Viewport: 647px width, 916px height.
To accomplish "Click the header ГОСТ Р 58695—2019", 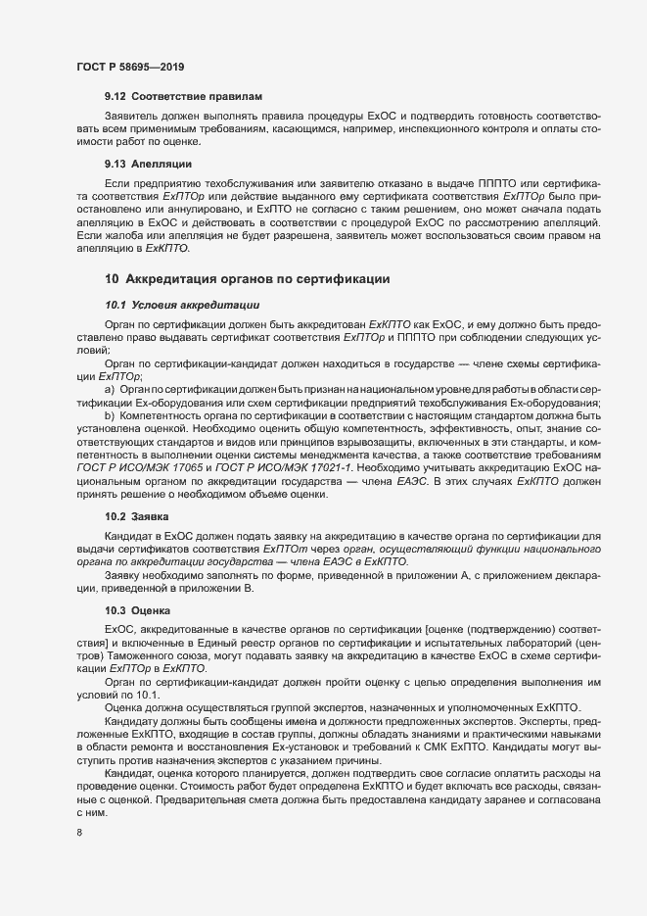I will (x=130, y=67).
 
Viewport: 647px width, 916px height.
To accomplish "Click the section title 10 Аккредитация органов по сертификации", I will (x=249, y=279).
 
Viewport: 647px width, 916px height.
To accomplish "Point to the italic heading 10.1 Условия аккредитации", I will (x=181, y=306).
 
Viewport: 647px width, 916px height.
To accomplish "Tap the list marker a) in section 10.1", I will (x=110, y=391).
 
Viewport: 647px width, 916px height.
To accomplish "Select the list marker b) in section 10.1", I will (x=110, y=416).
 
